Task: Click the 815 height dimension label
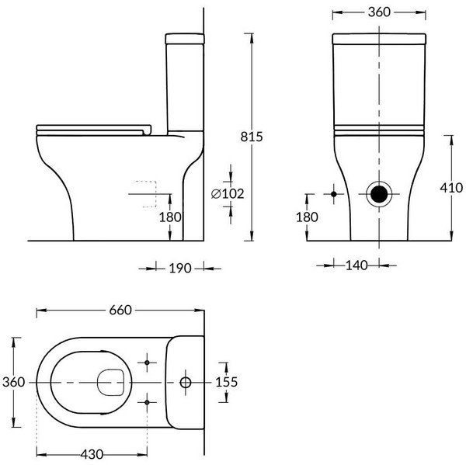(x=252, y=137)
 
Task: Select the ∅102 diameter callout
(x=228, y=194)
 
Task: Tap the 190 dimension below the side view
(x=180, y=269)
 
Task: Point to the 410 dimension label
(x=451, y=188)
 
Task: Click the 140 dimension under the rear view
(x=356, y=265)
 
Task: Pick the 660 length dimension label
(x=120, y=311)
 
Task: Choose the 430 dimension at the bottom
(x=92, y=454)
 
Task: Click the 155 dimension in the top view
(x=227, y=382)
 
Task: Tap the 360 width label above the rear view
(x=379, y=12)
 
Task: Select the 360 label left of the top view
(x=14, y=382)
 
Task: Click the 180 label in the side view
(x=170, y=217)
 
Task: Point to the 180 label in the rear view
(x=307, y=217)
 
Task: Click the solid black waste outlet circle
(x=379, y=194)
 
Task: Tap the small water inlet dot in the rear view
(x=334, y=194)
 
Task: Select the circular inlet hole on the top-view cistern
(x=186, y=383)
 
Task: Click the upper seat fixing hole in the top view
(x=147, y=363)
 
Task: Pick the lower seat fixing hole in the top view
(x=147, y=402)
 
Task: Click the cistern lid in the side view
(x=185, y=39)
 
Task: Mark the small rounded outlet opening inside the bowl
(x=110, y=383)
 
